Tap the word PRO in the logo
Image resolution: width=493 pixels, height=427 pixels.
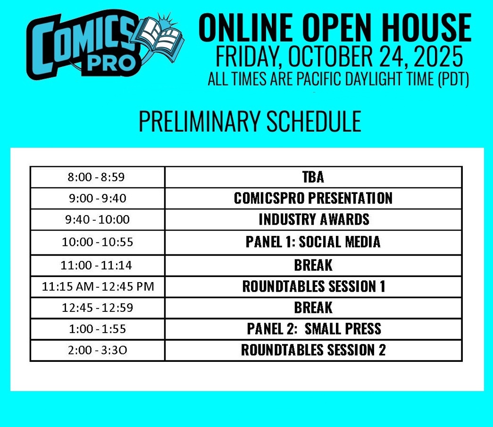tap(111, 63)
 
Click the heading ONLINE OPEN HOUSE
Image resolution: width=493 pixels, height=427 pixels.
tap(335, 28)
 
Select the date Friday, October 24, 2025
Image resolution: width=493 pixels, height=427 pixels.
tap(339, 56)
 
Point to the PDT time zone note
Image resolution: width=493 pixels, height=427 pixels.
tap(338, 79)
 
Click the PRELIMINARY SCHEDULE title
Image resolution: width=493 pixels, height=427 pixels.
tap(250, 121)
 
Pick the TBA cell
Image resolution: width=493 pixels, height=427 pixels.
tap(313, 177)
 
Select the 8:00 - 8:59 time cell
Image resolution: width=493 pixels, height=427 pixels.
tap(96, 177)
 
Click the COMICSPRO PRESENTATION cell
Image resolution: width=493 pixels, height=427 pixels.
tap(313, 198)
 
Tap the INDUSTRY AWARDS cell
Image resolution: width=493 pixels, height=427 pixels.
tap(314, 219)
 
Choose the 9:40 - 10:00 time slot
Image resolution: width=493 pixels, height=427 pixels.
tap(98, 219)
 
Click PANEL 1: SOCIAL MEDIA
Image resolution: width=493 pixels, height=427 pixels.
tap(313, 242)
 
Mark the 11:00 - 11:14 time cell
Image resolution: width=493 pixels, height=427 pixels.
tap(96, 265)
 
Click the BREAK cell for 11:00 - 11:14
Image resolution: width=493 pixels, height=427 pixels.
tap(313, 265)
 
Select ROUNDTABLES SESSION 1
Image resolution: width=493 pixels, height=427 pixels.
tap(314, 286)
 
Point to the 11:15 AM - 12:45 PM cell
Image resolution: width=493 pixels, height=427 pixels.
tap(98, 286)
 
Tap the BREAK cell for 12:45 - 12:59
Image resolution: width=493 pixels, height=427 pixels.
tap(313, 308)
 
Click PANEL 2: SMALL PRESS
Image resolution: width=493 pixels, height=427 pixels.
tap(314, 328)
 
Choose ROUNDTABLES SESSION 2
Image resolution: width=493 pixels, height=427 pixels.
tap(313, 350)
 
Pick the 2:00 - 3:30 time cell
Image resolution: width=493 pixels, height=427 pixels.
tap(98, 350)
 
